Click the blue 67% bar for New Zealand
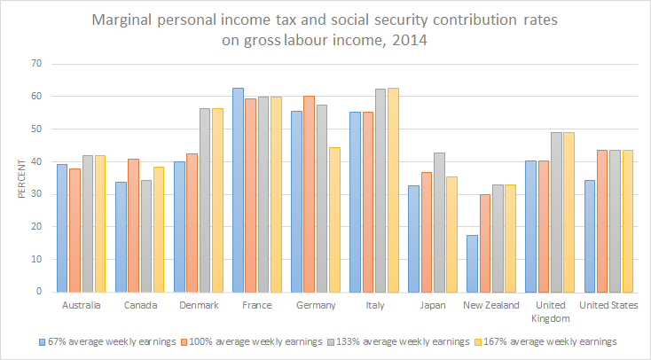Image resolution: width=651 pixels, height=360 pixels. (x=471, y=263)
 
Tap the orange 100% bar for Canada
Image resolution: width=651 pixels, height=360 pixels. (x=133, y=225)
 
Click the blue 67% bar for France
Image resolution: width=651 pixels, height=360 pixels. (x=238, y=190)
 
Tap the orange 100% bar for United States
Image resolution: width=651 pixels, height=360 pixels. (x=601, y=221)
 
